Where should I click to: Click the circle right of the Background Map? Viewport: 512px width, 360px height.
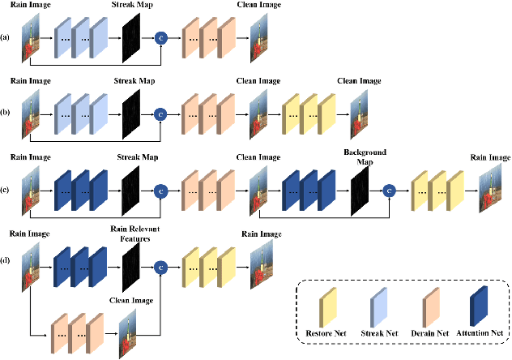389,190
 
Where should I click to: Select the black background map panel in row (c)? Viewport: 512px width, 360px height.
360,190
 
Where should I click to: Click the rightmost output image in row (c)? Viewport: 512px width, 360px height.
489,190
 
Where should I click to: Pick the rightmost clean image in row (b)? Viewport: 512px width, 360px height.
359,114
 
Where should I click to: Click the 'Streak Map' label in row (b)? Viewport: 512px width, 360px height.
130,81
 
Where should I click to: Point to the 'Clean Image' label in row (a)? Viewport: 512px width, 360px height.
258,5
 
